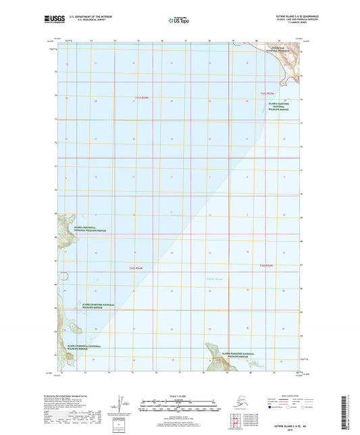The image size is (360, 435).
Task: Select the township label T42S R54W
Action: coord(138,268)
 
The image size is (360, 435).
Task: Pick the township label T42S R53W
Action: coord(267,265)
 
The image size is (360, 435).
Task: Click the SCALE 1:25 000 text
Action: coord(179,396)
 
